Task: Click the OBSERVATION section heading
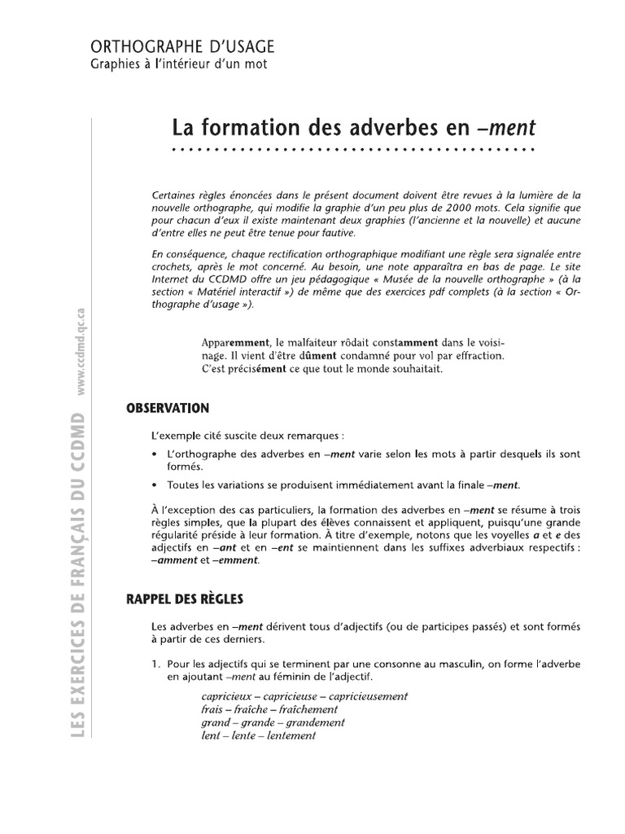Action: pos(168,408)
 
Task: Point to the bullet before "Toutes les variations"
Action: pos(154,483)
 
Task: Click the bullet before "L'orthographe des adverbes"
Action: pos(154,452)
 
